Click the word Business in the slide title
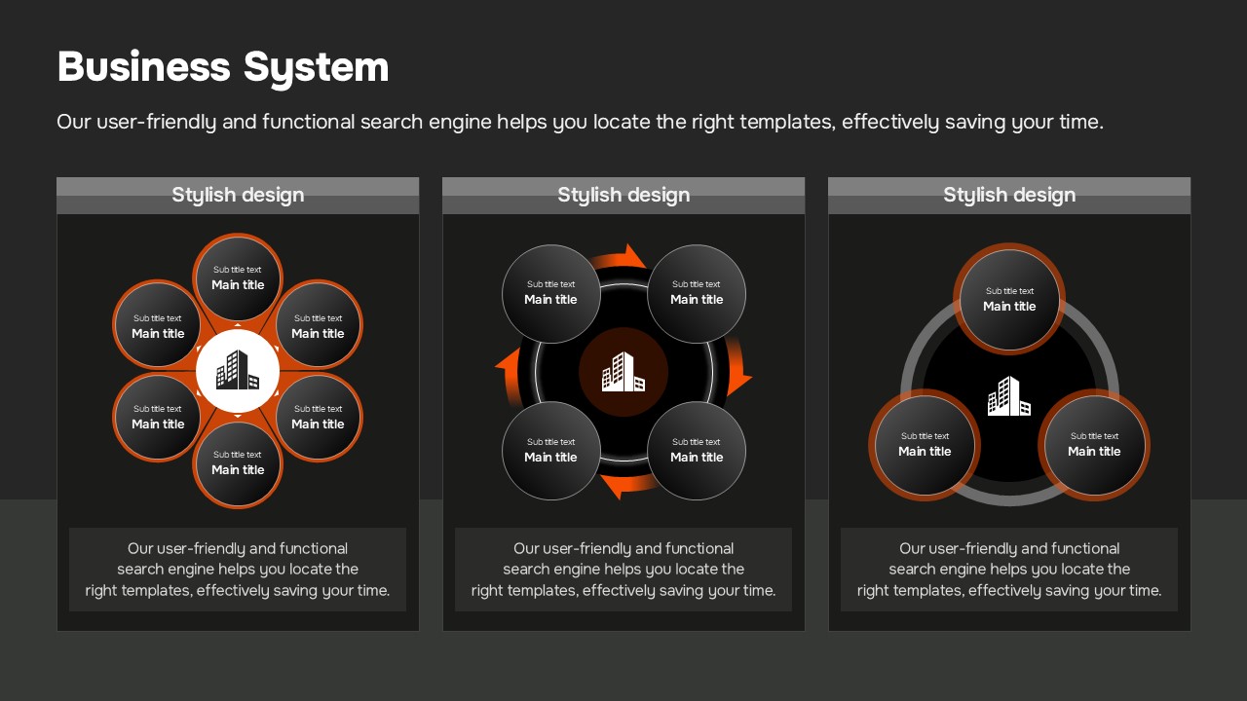(x=143, y=67)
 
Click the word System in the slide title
(x=317, y=69)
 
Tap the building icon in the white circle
(x=238, y=370)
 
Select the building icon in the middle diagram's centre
(x=623, y=372)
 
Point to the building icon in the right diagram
(x=1009, y=396)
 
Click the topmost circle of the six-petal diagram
(x=238, y=277)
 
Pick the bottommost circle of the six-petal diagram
(x=238, y=463)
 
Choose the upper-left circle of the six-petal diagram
(x=158, y=325)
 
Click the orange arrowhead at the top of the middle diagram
(x=634, y=256)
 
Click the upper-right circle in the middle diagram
(x=697, y=294)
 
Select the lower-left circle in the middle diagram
(x=551, y=451)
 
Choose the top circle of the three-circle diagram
(x=1009, y=299)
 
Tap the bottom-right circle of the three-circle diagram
(x=1094, y=445)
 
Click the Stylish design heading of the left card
(x=238, y=195)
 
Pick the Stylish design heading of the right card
(x=1009, y=195)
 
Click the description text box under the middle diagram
(x=623, y=570)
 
